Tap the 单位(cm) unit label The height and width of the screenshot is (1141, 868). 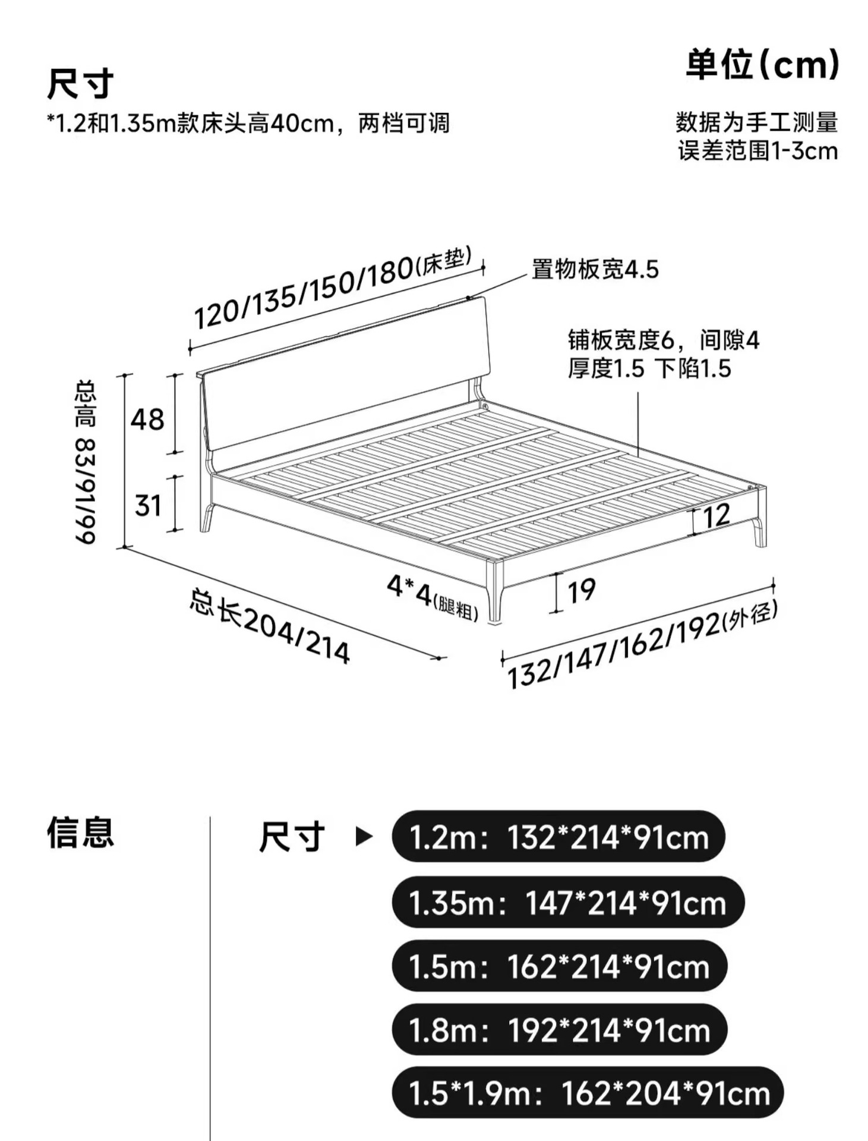[x=762, y=65]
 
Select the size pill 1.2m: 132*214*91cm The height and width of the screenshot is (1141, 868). [x=558, y=837]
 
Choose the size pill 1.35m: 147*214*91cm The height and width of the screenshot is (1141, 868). [x=567, y=902]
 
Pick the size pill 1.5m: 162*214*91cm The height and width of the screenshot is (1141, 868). [x=559, y=966]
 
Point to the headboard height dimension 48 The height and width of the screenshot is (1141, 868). [x=147, y=420]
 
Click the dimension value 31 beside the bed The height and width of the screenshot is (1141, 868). [x=148, y=506]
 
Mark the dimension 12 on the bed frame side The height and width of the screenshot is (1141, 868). [x=716, y=515]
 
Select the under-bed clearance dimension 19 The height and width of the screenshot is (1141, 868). [x=581, y=591]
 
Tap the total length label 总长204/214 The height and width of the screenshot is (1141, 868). [x=270, y=626]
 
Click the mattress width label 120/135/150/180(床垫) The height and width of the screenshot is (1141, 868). [x=333, y=289]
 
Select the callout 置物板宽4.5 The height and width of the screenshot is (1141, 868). [x=595, y=270]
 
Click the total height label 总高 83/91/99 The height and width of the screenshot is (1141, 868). [x=85, y=462]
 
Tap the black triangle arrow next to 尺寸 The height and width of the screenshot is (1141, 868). [x=363, y=837]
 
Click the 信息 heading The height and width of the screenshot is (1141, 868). [x=80, y=833]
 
